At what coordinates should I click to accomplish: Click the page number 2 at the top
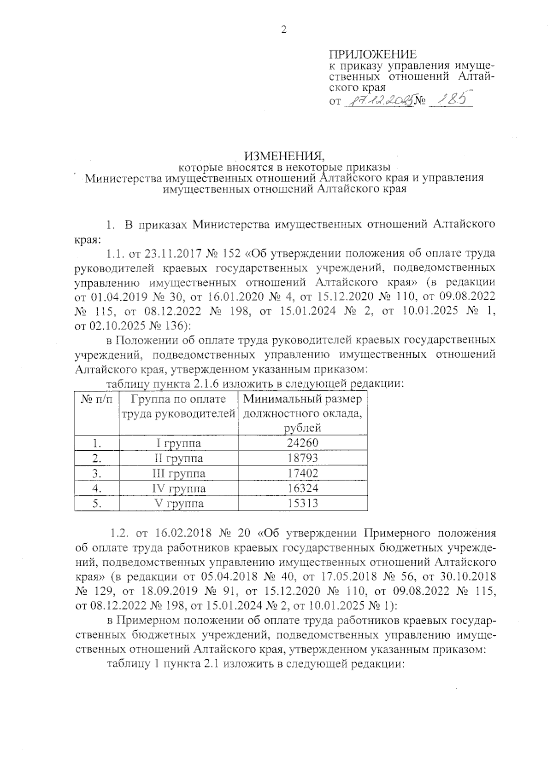coord(283,30)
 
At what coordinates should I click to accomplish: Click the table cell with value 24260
coord(302,443)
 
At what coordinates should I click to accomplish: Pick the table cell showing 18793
coord(302,458)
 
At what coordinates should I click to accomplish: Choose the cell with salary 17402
coord(302,473)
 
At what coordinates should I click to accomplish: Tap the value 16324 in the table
coord(302,488)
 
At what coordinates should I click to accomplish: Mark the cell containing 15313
coord(302,503)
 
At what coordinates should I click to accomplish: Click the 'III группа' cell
coord(178,473)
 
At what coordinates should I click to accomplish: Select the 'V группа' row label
coord(178,503)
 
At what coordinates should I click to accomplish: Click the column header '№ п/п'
coord(97,399)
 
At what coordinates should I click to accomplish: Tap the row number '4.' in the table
coord(97,488)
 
